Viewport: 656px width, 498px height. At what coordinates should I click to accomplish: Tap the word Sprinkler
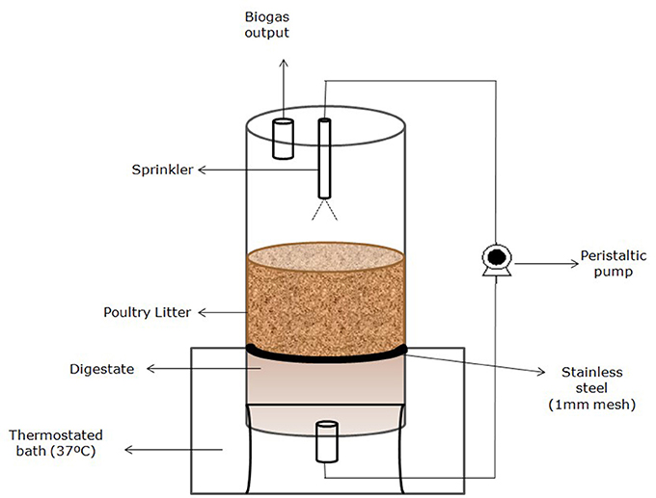pyautogui.click(x=163, y=170)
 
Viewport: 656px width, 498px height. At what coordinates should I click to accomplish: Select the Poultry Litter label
pyautogui.click(x=146, y=313)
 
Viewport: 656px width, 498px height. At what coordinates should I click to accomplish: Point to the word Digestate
pyautogui.click(x=100, y=368)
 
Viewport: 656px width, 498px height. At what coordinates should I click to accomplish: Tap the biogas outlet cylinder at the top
pyautogui.click(x=282, y=138)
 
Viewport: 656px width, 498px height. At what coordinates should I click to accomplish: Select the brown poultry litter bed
pyautogui.click(x=325, y=299)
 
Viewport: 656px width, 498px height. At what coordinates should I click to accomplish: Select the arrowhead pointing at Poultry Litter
pyautogui.click(x=200, y=313)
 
